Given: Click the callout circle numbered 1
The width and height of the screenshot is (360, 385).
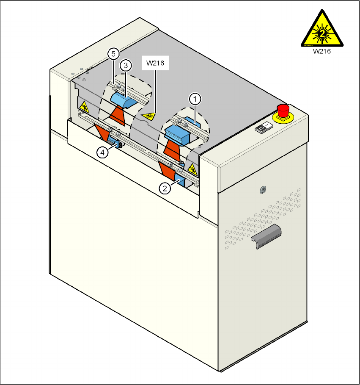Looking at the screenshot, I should pyautogui.click(x=195, y=99).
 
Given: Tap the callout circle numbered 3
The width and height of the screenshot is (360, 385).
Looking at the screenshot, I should pyautogui.click(x=126, y=65).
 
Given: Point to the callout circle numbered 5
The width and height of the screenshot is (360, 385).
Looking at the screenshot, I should pyautogui.click(x=112, y=54).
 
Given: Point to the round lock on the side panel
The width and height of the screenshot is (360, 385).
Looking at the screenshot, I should pyautogui.click(x=263, y=190).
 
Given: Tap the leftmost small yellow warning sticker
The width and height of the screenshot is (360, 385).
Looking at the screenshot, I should pyautogui.click(x=84, y=106).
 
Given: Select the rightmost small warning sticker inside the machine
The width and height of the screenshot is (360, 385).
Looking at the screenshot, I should pyautogui.click(x=192, y=169).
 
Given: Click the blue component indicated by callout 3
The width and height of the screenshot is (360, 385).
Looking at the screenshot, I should pyautogui.click(x=122, y=100).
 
